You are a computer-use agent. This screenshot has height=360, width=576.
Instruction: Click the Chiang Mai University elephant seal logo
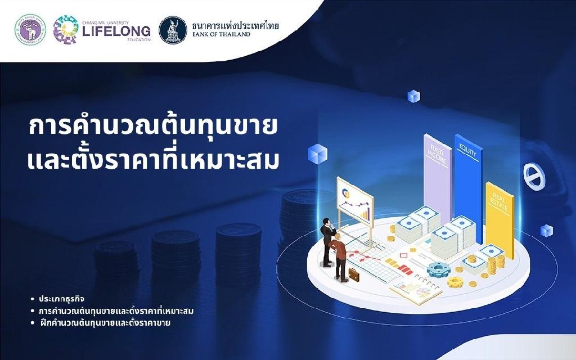click(x=30, y=29)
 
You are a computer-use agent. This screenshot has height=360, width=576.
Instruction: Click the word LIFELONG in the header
click(x=116, y=31)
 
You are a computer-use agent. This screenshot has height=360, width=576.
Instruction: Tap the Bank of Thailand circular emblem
click(x=173, y=30)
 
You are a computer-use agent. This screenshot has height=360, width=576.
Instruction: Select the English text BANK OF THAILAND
click(x=221, y=34)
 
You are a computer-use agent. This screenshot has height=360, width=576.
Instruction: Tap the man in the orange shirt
click(x=339, y=258)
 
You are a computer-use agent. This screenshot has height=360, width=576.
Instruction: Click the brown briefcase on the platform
click(x=354, y=274)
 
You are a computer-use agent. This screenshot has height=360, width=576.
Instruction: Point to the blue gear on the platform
click(x=438, y=270)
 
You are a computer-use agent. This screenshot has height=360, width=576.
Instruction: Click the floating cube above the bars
click(x=414, y=96)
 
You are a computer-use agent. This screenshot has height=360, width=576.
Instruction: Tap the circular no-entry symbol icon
click(x=534, y=177)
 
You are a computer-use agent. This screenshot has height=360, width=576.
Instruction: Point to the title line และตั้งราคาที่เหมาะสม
click(x=153, y=160)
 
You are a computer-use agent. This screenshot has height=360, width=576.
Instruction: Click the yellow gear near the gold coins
click(x=455, y=282)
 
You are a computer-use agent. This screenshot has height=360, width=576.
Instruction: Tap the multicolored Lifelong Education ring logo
click(x=66, y=29)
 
